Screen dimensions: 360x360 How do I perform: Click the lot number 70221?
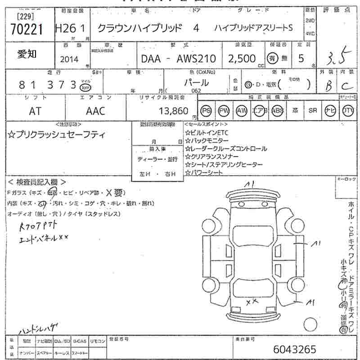coord(26,29)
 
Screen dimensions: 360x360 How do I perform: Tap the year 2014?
coord(68,59)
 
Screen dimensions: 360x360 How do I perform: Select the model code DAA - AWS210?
coord(179,59)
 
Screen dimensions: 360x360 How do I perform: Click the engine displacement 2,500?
coord(242,58)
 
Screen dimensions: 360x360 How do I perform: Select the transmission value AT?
coord(35,111)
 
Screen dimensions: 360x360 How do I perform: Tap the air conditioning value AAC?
coord(95,111)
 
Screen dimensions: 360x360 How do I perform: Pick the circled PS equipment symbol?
coord(206,111)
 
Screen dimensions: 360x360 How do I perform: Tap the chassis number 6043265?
coord(295,349)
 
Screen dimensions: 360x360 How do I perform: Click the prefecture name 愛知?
coord(27,54)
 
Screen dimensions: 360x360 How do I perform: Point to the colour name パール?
coord(197,82)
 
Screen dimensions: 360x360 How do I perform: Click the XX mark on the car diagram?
coord(252,301)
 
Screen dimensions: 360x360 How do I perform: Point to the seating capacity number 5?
coord(301,58)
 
